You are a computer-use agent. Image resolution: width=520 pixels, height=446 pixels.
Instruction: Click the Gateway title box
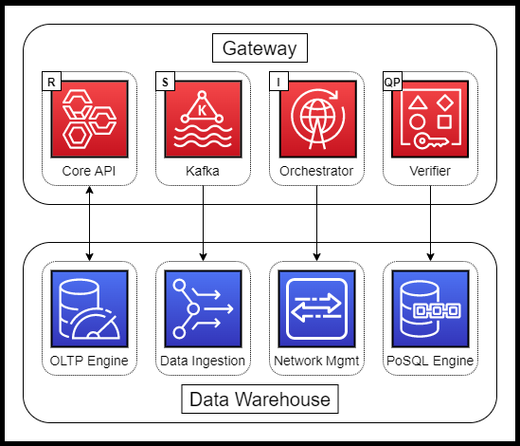(260, 47)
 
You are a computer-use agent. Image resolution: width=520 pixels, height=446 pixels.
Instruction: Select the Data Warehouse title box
(260, 400)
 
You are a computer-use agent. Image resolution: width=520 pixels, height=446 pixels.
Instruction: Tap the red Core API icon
(89, 119)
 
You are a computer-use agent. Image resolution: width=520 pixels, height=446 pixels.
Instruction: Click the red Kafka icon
(203, 119)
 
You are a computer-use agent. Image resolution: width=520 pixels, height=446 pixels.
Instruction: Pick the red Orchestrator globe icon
(317, 119)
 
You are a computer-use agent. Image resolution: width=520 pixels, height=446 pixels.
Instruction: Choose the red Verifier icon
(430, 119)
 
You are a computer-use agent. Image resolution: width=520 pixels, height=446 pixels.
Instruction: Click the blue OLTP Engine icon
(89, 308)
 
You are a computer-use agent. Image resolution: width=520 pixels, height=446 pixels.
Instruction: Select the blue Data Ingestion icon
(203, 308)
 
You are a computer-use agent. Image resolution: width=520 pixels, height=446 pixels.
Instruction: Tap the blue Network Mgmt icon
(316, 308)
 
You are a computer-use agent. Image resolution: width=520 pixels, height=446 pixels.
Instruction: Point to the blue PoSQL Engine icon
(430, 308)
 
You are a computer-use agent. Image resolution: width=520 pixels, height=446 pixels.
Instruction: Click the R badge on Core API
(51, 81)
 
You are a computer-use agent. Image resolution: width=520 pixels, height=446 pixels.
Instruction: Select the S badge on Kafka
(165, 81)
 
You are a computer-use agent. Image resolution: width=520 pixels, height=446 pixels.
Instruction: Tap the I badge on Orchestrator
(278, 81)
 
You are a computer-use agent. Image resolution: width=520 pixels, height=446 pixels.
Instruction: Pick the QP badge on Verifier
(392, 81)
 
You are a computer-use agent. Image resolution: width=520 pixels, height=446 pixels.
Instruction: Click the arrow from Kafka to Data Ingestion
(203, 223)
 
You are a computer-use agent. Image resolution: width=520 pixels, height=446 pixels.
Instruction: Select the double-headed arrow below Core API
(89, 223)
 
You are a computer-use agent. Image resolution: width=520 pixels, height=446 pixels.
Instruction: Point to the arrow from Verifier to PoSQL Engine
(430, 223)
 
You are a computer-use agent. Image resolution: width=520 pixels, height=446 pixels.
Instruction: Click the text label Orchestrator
(316, 171)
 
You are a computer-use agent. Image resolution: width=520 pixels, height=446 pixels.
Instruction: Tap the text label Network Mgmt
(316, 361)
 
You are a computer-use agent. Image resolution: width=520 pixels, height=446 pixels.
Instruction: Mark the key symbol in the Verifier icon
(431, 140)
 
